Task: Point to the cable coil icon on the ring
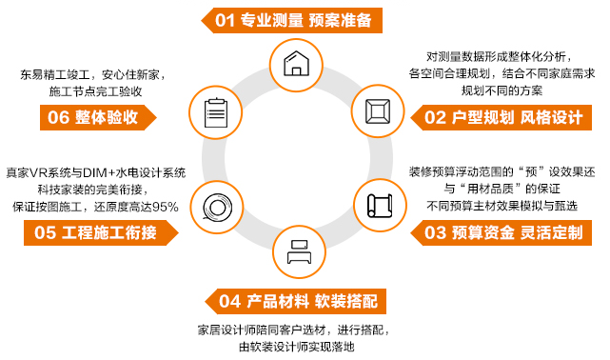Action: click(212, 204)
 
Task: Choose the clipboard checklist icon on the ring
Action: click(212, 110)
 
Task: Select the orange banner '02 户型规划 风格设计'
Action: click(502, 118)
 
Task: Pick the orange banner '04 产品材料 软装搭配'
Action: click(298, 302)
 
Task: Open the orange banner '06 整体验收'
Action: click(96, 118)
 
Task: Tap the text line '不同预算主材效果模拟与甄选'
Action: click(496, 206)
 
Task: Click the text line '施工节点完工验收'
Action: click(94, 91)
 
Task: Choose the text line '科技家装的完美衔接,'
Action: click(94, 190)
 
